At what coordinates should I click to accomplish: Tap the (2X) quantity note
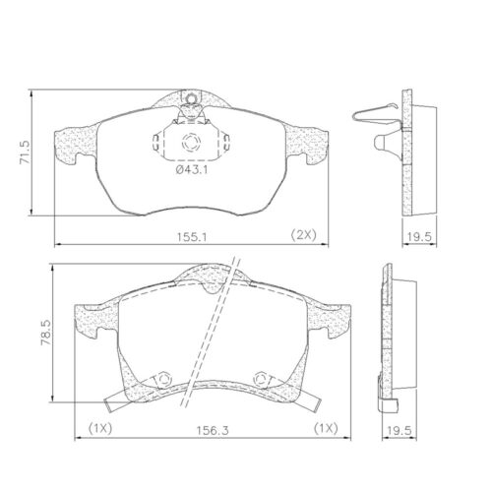click(303, 234)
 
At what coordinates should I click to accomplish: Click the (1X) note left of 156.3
click(100, 429)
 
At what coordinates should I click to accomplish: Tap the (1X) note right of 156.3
click(327, 429)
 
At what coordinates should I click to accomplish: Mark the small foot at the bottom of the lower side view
click(392, 402)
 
